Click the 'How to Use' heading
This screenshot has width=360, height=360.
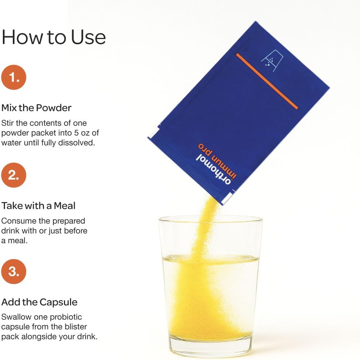click(54, 37)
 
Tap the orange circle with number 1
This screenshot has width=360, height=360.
click(14, 77)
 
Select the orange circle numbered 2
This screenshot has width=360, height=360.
click(14, 175)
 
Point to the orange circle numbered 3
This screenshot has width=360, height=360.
click(14, 272)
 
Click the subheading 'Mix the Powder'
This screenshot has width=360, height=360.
click(36, 108)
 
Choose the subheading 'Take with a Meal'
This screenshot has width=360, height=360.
click(38, 206)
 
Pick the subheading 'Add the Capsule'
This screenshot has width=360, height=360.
click(39, 302)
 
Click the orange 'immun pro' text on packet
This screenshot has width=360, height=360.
click(217, 161)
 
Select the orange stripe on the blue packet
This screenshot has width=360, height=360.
click(267, 81)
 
